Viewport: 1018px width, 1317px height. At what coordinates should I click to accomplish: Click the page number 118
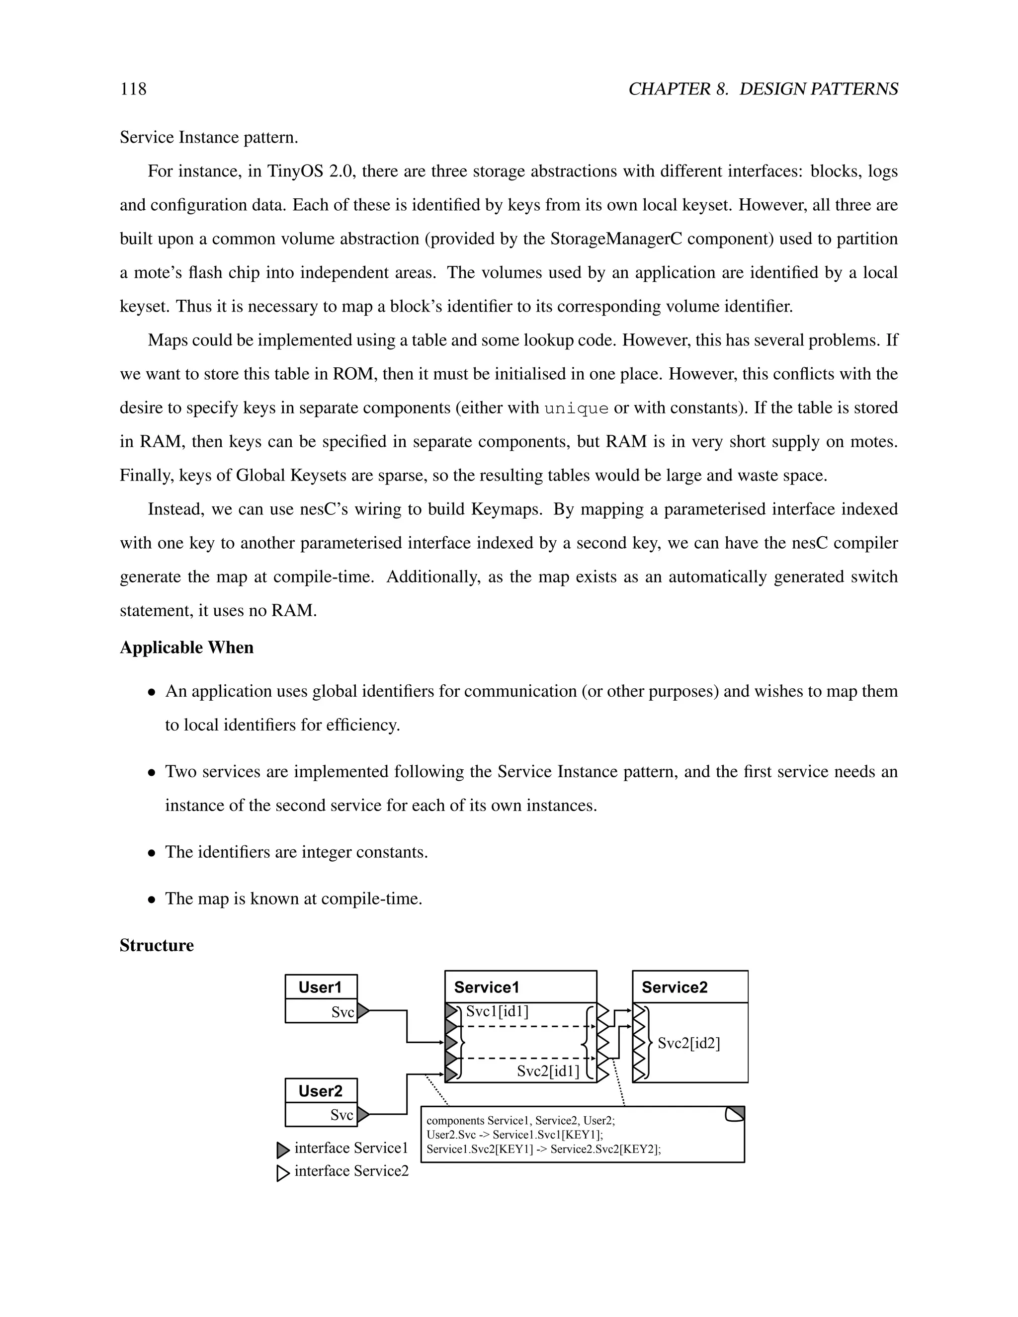point(133,89)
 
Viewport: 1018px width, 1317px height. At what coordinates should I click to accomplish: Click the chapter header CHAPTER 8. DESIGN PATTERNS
point(763,89)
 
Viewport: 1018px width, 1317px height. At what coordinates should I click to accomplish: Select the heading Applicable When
point(186,648)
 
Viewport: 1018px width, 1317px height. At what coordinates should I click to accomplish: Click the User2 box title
point(320,1091)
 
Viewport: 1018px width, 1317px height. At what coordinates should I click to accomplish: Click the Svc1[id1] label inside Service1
point(497,1011)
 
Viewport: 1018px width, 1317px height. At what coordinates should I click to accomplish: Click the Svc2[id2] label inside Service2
point(689,1043)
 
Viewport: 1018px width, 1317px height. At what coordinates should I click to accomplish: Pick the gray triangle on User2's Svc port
point(363,1115)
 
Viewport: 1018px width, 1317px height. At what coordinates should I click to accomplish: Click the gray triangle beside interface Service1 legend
point(283,1150)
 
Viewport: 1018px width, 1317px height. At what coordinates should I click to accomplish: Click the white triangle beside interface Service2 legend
point(283,1173)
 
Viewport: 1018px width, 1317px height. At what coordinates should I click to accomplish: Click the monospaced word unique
point(576,408)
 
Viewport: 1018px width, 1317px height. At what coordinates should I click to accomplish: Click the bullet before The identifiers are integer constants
point(153,853)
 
